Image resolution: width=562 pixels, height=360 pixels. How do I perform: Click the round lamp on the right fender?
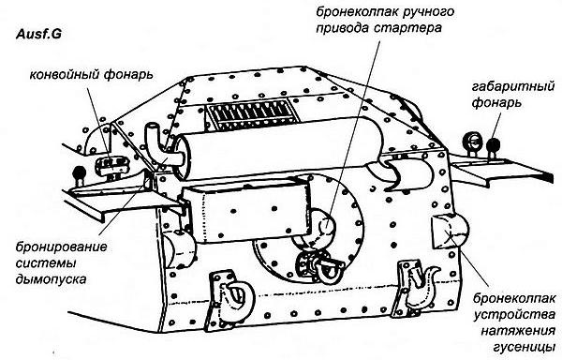point(474,142)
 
